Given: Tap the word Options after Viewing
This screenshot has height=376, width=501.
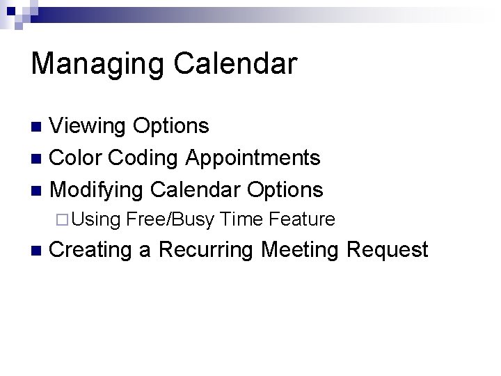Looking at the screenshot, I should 170,126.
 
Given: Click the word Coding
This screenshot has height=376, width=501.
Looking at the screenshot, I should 144,158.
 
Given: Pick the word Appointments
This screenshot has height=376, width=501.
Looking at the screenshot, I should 253,158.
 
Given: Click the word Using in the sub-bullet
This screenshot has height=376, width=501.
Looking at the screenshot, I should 95,220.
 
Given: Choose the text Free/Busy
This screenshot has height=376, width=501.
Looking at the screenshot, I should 169,220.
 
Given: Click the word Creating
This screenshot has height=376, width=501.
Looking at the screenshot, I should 92,250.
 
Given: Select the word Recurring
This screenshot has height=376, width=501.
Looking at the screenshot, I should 206,250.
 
